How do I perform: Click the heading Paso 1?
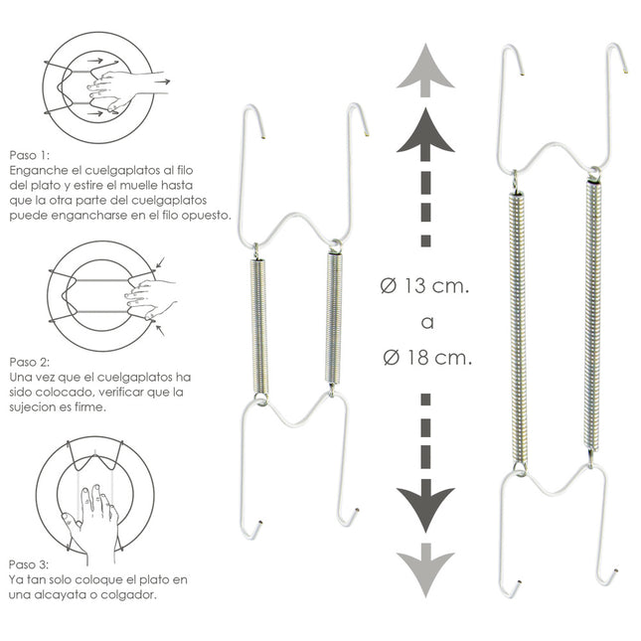[30, 156]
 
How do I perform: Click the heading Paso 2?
[30, 364]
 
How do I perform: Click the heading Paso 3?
[30, 564]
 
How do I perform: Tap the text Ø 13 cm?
[425, 287]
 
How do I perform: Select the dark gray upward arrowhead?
[425, 130]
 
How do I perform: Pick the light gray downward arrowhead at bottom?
[425, 571]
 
